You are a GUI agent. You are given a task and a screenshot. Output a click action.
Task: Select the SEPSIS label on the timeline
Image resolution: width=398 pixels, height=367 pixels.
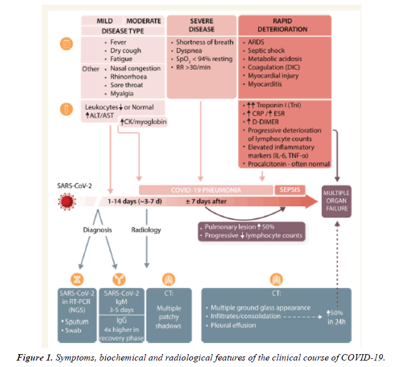[x=290, y=189]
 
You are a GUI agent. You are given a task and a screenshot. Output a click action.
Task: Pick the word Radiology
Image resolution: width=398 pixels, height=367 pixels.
[x=146, y=229]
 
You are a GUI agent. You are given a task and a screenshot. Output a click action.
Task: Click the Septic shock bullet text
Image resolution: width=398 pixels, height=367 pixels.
[x=267, y=50]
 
